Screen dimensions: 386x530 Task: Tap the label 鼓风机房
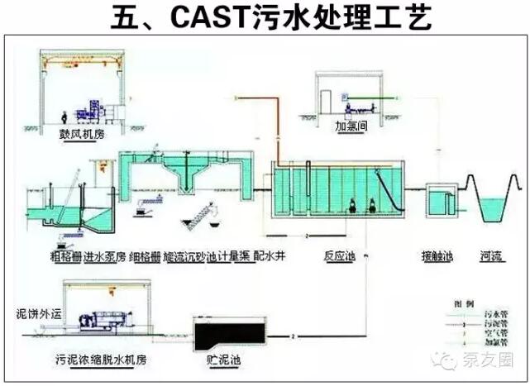(x=78, y=133)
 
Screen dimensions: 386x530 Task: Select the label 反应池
(x=340, y=256)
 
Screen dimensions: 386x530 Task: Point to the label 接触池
(x=437, y=256)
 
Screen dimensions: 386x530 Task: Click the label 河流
(x=492, y=256)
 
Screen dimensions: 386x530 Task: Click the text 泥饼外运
(x=27, y=314)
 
